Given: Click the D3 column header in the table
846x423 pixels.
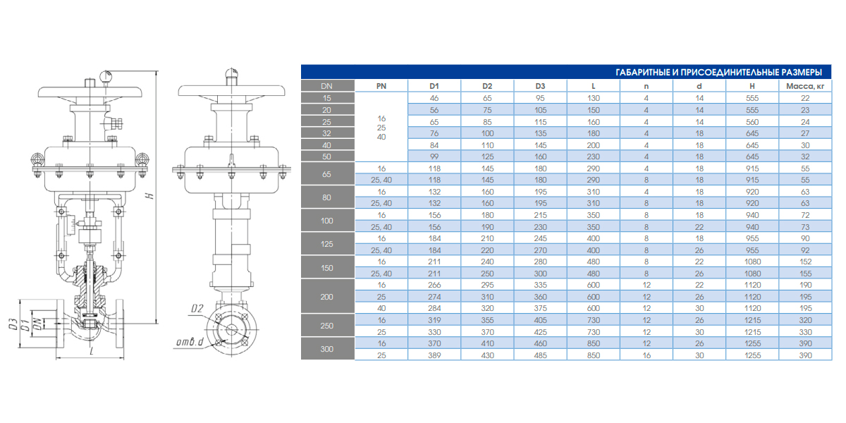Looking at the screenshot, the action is point(540,86).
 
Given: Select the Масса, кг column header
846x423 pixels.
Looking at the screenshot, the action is point(805,86).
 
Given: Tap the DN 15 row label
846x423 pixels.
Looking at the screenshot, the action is point(327,98).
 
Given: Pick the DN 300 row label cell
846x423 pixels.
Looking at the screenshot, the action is point(327,349).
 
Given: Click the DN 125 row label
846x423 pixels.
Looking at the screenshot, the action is point(327,244).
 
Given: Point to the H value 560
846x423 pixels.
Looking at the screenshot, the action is point(752,122).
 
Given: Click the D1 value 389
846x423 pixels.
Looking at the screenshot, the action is point(434,355).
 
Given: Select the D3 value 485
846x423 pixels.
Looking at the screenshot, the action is point(540,355).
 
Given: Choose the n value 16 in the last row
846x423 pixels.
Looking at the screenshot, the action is point(646,355).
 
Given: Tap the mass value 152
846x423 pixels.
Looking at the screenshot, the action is point(805,262).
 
